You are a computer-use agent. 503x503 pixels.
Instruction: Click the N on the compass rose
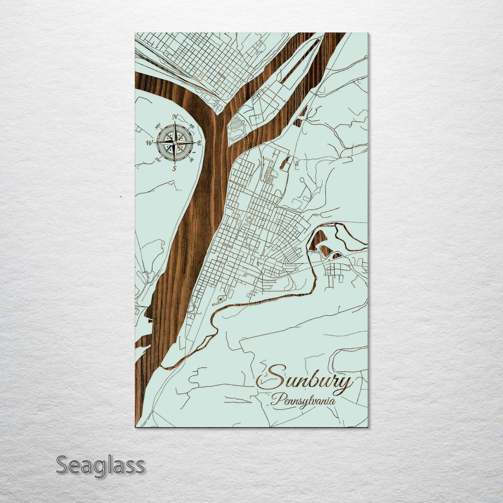[175, 117]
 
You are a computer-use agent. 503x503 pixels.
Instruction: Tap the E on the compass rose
[199, 143]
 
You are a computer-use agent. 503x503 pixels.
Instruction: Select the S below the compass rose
[175, 169]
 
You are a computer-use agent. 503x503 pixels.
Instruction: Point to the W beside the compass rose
[150, 143]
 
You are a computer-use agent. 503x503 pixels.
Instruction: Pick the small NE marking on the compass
[191, 126]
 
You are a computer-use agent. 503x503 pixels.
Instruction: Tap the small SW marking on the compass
[158, 160]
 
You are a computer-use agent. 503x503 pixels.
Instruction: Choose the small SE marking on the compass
[191, 160]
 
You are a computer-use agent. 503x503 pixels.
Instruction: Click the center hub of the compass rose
[175, 142]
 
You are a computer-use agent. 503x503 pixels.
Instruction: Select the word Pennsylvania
[303, 401]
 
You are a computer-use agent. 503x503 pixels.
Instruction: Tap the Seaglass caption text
[100, 465]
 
